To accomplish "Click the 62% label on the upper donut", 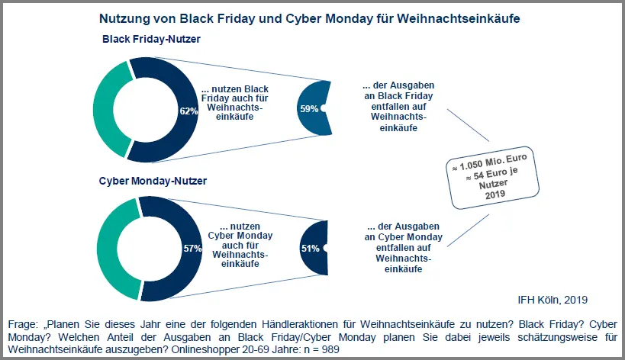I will tap(188, 111).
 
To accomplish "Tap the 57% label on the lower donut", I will tap(192, 249).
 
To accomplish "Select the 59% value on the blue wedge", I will tap(309, 109).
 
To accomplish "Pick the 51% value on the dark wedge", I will tap(311, 249).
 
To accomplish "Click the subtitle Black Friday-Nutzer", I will tap(151, 39).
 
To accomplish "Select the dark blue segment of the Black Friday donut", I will tap(172, 76).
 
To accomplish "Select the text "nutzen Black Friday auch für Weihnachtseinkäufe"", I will tap(233, 104).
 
